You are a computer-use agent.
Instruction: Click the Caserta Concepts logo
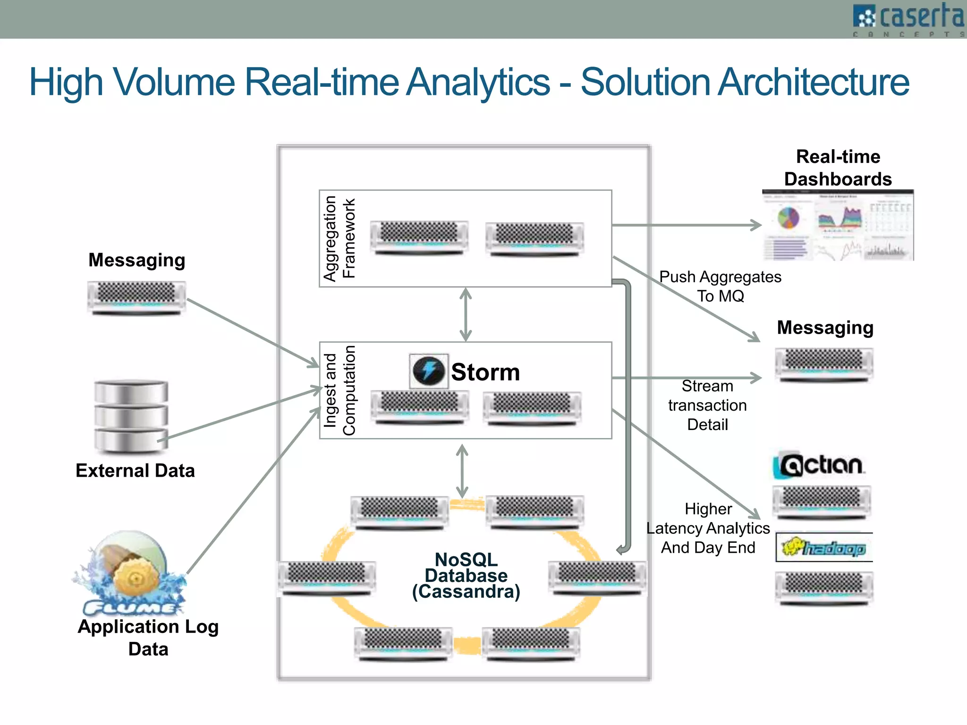pos(908,19)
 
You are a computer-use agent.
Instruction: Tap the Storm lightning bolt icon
pos(428,371)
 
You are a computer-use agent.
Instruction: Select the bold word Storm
pos(485,372)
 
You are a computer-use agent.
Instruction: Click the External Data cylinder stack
pos(131,416)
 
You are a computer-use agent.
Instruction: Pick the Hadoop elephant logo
pos(823,548)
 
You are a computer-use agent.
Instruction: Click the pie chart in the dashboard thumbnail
pos(788,218)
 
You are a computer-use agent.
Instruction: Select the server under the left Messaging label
pos(136,297)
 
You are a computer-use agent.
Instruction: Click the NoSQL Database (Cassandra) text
pos(466,575)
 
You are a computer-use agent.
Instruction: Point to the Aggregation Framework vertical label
pos(339,238)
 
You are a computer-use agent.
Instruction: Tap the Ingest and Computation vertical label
pos(339,390)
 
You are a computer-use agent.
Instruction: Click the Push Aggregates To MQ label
pos(720,286)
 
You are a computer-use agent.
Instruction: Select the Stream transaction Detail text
pos(707,405)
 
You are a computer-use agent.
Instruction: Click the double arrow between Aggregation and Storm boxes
pos(466,314)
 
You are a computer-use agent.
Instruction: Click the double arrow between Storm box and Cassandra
pos(462,471)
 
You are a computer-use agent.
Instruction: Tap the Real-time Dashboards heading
pos(838,168)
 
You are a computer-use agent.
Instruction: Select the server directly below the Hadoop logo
pos(824,588)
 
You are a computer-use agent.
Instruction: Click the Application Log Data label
pos(148,637)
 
